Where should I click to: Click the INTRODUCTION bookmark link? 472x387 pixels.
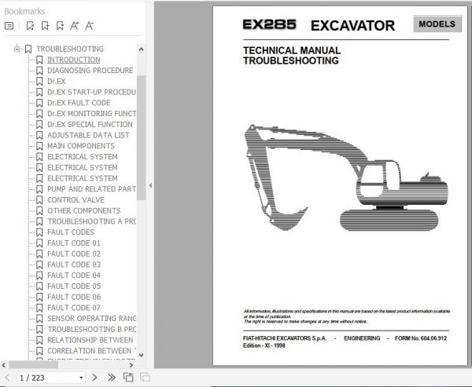coord(73,60)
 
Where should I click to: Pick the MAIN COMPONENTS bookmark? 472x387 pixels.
coord(80,146)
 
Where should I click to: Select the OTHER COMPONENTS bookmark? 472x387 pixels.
coord(83,211)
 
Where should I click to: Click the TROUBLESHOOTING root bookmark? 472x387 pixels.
coord(69,49)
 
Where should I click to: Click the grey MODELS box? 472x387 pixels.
coord(437,24)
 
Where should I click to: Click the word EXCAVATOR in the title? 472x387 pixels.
coord(352,25)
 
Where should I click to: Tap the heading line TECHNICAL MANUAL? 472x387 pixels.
coord(281,51)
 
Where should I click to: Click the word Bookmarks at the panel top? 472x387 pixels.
coord(24,11)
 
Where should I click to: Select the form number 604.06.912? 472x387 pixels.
coord(432,338)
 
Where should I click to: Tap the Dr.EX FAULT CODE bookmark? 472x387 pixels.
coord(79,103)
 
